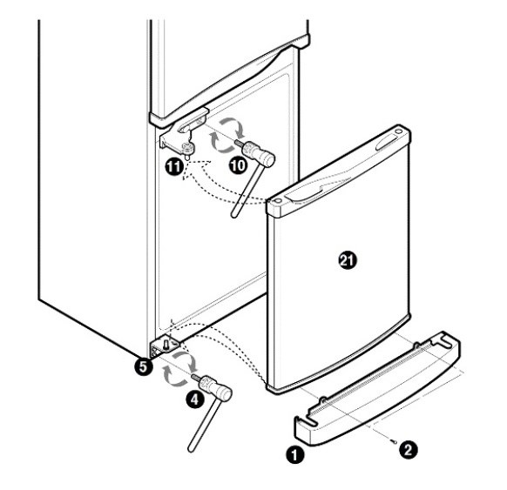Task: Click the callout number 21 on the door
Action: (348, 260)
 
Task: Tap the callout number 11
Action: (174, 167)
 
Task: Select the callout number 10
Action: (238, 165)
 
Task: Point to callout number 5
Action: (143, 366)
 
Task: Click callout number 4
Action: (195, 399)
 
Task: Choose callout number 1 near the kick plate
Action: (295, 455)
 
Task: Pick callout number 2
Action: (408, 450)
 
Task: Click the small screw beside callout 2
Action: (394, 441)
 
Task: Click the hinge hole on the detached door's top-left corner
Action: (277, 201)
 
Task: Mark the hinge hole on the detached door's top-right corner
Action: (399, 131)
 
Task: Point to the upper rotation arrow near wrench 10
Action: (233, 126)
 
